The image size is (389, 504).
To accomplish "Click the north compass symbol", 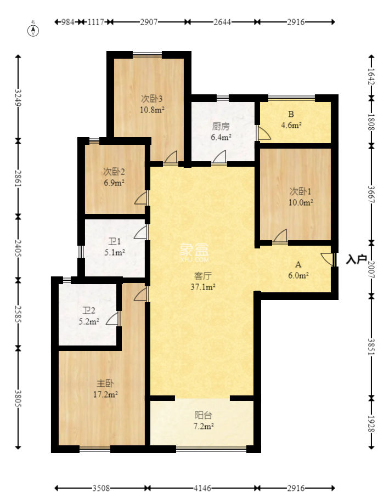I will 33,30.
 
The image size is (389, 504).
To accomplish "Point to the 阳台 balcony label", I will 202,420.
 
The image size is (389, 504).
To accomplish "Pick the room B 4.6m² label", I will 291,120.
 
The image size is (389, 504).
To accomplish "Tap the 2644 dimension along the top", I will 222,22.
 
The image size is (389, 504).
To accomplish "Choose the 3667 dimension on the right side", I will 371,194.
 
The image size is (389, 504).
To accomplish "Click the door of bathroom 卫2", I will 114,319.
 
